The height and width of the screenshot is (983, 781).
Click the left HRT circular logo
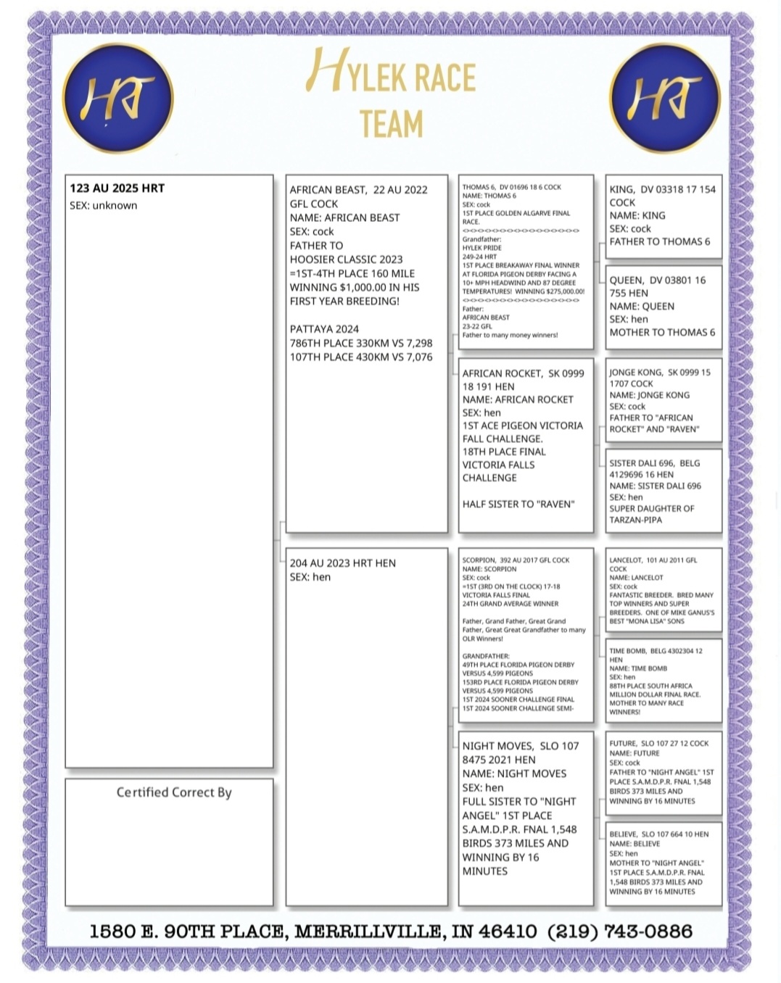pyautogui.click(x=117, y=98)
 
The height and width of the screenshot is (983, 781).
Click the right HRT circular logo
pyautogui.click(x=665, y=98)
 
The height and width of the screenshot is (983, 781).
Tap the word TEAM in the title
pyautogui.click(x=391, y=124)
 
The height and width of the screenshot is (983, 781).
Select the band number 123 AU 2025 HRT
pyautogui.click(x=117, y=188)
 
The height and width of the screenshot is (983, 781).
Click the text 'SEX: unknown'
pyautogui.click(x=103, y=206)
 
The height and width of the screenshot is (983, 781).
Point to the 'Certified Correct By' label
pyautogui.click(x=174, y=792)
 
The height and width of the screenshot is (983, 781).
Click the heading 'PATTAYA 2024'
pyautogui.click(x=324, y=329)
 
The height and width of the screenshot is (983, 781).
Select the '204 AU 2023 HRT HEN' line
pyautogui.click(x=342, y=563)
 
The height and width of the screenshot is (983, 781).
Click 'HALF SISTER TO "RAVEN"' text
pyautogui.click(x=518, y=504)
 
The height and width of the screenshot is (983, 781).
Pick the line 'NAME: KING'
pyautogui.click(x=637, y=215)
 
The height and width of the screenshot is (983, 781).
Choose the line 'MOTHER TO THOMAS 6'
pyautogui.click(x=661, y=332)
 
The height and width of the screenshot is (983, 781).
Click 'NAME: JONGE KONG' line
pyautogui.click(x=649, y=395)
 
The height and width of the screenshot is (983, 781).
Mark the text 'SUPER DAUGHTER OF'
pyautogui.click(x=651, y=508)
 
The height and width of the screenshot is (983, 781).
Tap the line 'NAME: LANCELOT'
pyautogui.click(x=636, y=578)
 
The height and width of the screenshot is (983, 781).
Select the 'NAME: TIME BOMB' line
pyautogui.click(x=638, y=668)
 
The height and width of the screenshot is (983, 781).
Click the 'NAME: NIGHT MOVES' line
pyautogui.click(x=514, y=773)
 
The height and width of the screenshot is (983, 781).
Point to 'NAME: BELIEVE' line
pyautogui.click(x=635, y=844)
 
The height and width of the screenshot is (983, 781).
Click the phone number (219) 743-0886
pyautogui.click(x=620, y=932)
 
